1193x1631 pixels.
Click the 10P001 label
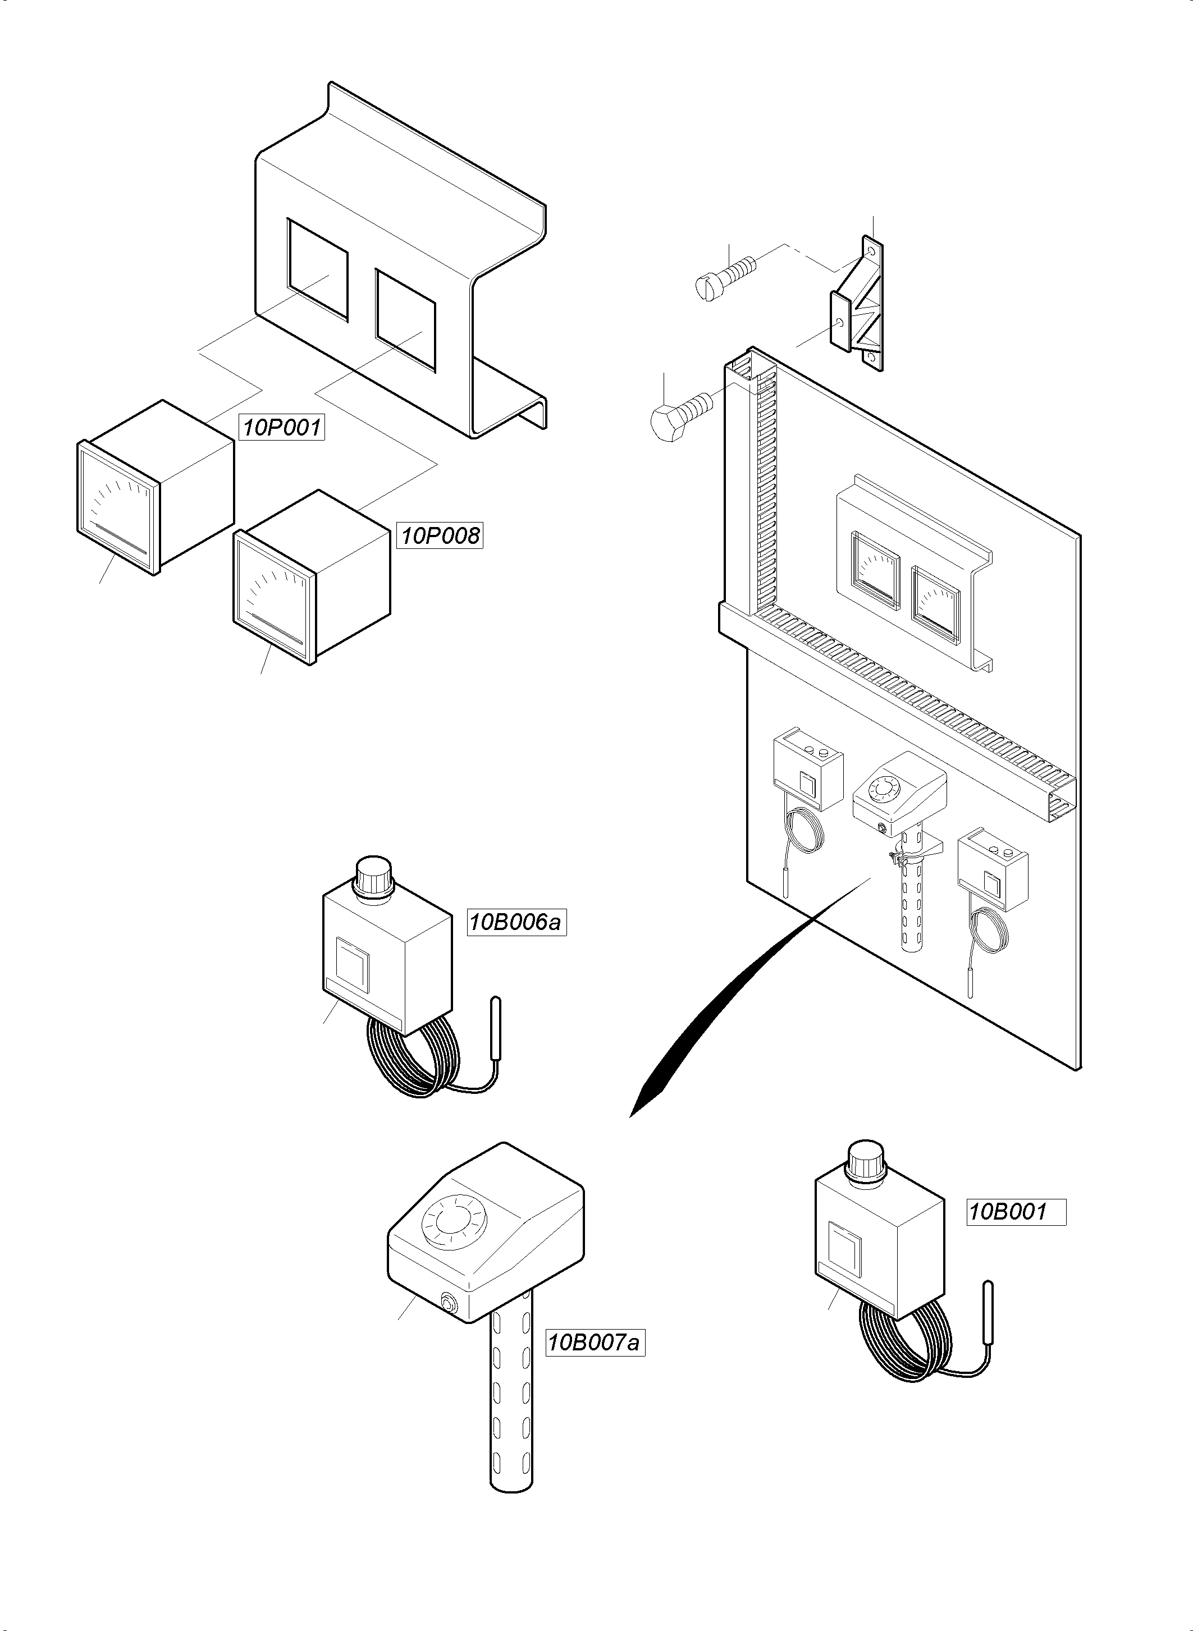tap(282, 428)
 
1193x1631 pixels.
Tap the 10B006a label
tap(516, 923)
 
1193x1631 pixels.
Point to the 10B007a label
tap(595, 1343)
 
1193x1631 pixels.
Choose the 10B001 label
tap(1016, 1212)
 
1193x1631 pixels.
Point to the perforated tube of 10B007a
tap(512, 1404)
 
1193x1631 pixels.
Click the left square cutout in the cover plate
tap(318, 269)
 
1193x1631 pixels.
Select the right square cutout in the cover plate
tap(405, 320)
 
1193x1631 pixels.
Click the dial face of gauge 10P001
tap(117, 507)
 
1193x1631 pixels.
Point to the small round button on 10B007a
tap(449, 1303)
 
